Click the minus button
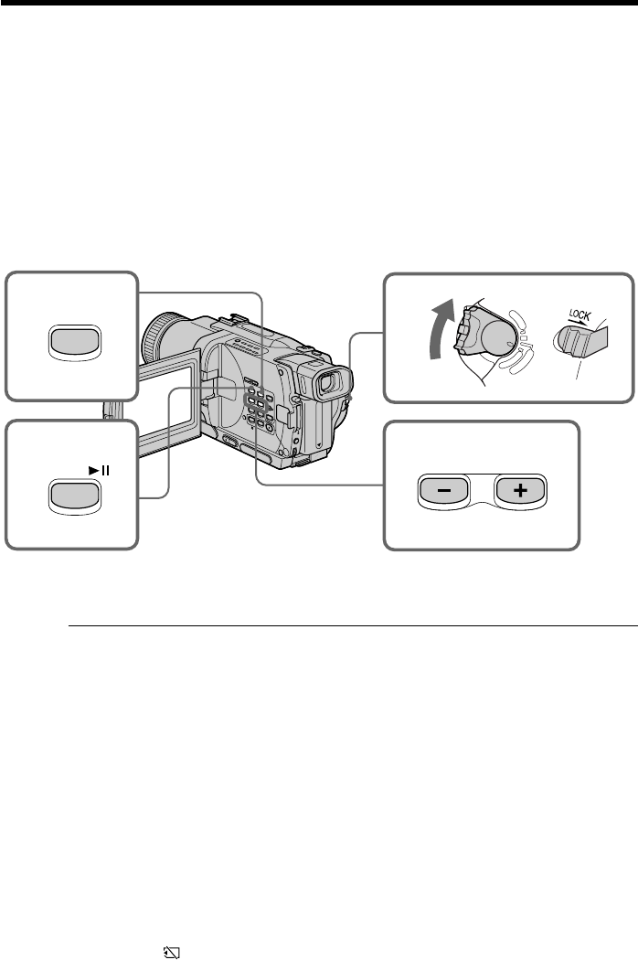coord(441,490)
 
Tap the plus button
coord(519,490)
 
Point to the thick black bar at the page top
coord(319,4)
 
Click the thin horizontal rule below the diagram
coord(352,626)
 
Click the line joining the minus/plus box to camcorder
coord(320,484)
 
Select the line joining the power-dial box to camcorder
coord(366,335)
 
